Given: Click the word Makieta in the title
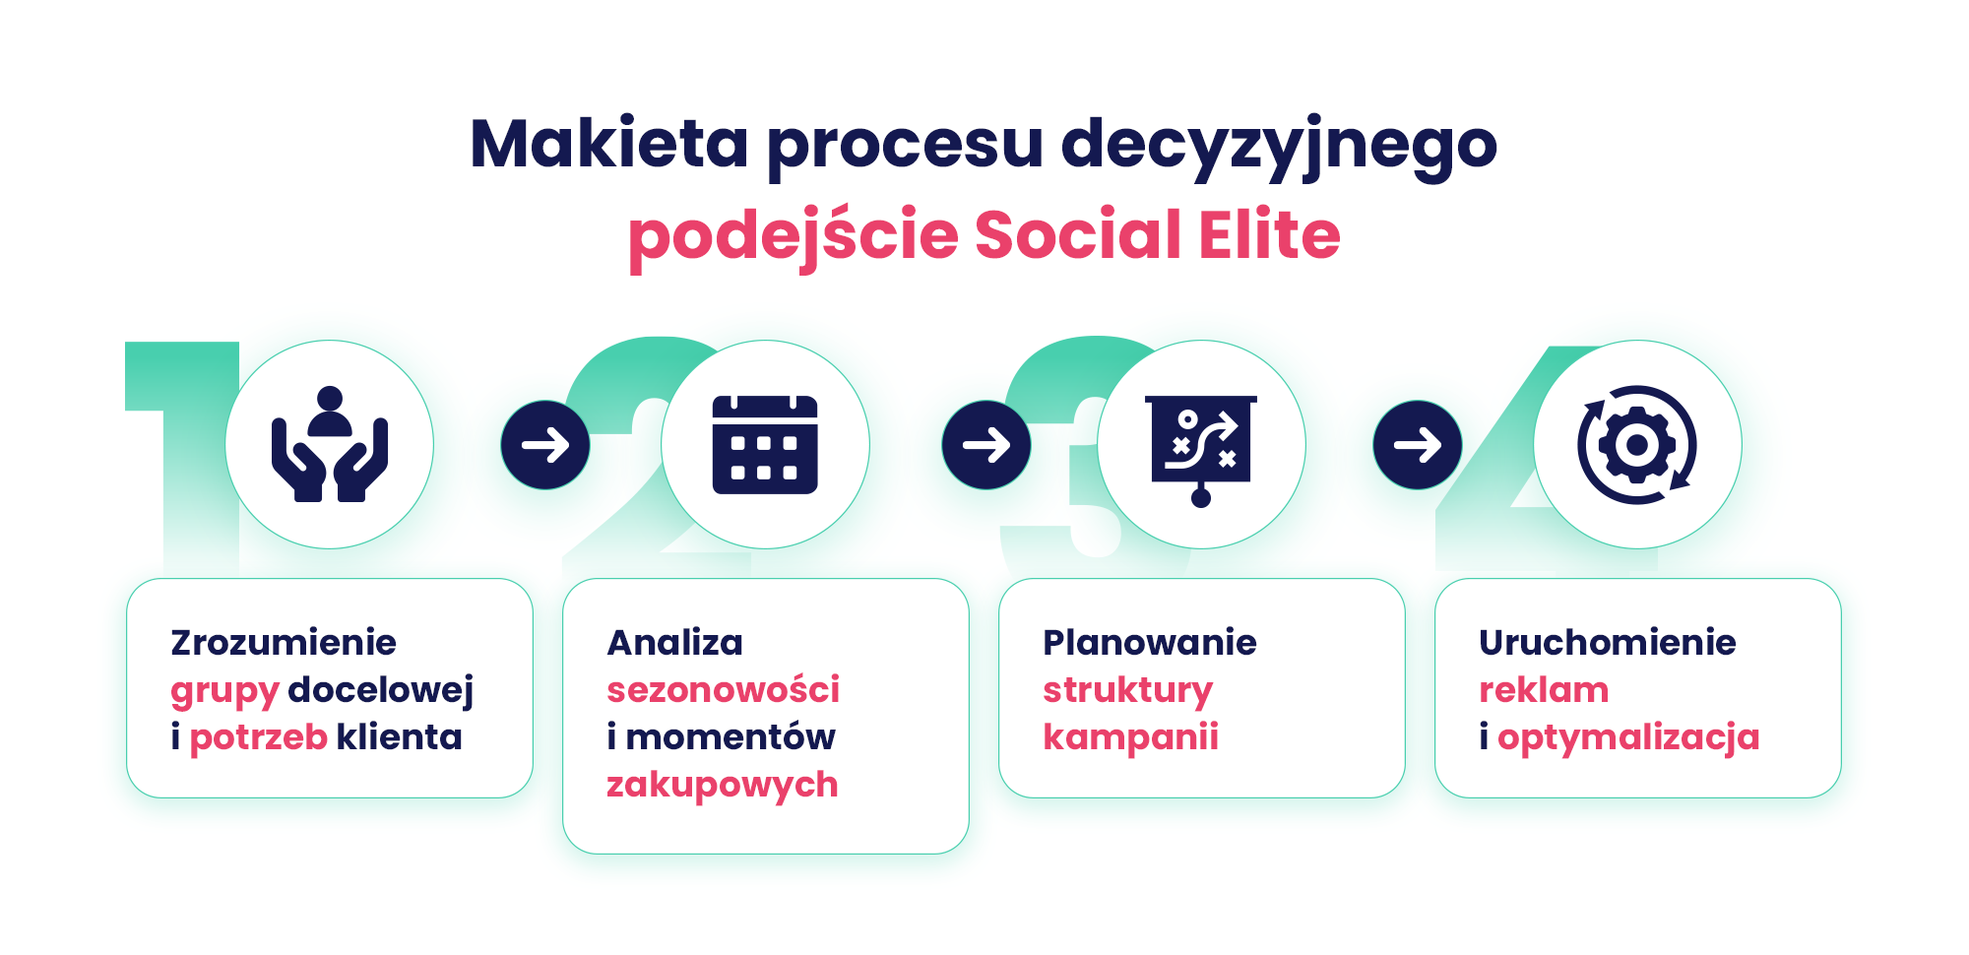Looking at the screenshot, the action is pyautogui.click(x=609, y=144).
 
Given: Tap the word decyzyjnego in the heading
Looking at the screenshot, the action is pyautogui.click(x=1279, y=148).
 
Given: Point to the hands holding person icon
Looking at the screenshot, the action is pyautogui.click(x=330, y=444).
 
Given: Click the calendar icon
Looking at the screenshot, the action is pyautogui.click(x=765, y=444).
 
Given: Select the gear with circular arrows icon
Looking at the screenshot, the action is pyautogui.click(x=1637, y=444).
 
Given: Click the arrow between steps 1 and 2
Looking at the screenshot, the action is pyautogui.click(x=545, y=445).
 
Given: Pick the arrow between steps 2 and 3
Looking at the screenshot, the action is pyautogui.click(x=986, y=445).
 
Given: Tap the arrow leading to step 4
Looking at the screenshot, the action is pyautogui.click(x=1418, y=445).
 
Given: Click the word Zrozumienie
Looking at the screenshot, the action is pyautogui.click(x=284, y=642).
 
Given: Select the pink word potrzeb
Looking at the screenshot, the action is pyautogui.click(x=258, y=738).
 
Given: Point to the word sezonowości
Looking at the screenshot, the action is pyautogui.click(x=724, y=689).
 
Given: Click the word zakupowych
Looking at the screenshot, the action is pyautogui.click(x=723, y=786).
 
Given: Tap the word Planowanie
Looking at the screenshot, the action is pyautogui.click(x=1150, y=642).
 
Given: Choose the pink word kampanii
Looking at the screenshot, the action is pyautogui.click(x=1131, y=738).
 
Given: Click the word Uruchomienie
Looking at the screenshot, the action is pyautogui.click(x=1608, y=642).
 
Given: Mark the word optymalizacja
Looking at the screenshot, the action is pyautogui.click(x=1628, y=738).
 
